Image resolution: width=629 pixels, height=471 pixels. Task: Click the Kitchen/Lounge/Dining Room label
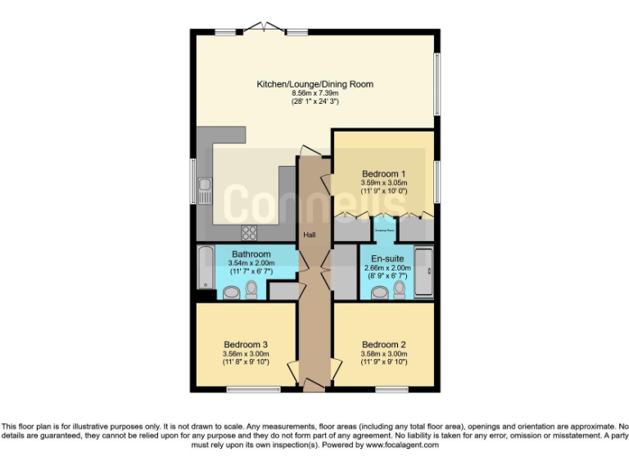[314, 84]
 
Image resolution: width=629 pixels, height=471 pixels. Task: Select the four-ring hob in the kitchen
[250, 231]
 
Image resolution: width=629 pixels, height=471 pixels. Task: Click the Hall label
[310, 235]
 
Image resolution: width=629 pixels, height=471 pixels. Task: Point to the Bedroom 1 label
[384, 173]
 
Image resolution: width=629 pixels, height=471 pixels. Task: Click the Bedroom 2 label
[384, 344]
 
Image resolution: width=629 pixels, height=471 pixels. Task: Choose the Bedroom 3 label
[246, 344]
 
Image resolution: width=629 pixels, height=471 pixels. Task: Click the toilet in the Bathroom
[251, 289]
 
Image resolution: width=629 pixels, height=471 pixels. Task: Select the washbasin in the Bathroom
[232, 292]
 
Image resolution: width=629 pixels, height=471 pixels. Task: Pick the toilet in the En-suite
[400, 289]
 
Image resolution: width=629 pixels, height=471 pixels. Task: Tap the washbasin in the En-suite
[380, 292]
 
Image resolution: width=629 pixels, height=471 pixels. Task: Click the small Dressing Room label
[385, 231]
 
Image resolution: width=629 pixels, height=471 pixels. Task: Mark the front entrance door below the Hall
[312, 384]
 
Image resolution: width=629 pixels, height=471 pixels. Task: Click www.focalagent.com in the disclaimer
[401, 446]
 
